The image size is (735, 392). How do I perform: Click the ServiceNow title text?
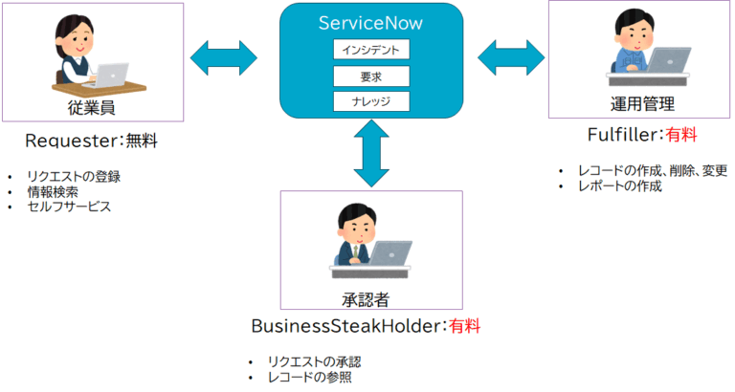(371, 23)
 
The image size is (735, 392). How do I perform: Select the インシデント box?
(371, 49)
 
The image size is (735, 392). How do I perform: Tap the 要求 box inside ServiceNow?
(371, 75)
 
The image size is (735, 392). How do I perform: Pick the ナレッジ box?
(371, 100)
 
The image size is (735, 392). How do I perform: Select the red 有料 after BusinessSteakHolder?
(465, 326)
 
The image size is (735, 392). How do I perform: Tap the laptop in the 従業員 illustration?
(113, 74)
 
